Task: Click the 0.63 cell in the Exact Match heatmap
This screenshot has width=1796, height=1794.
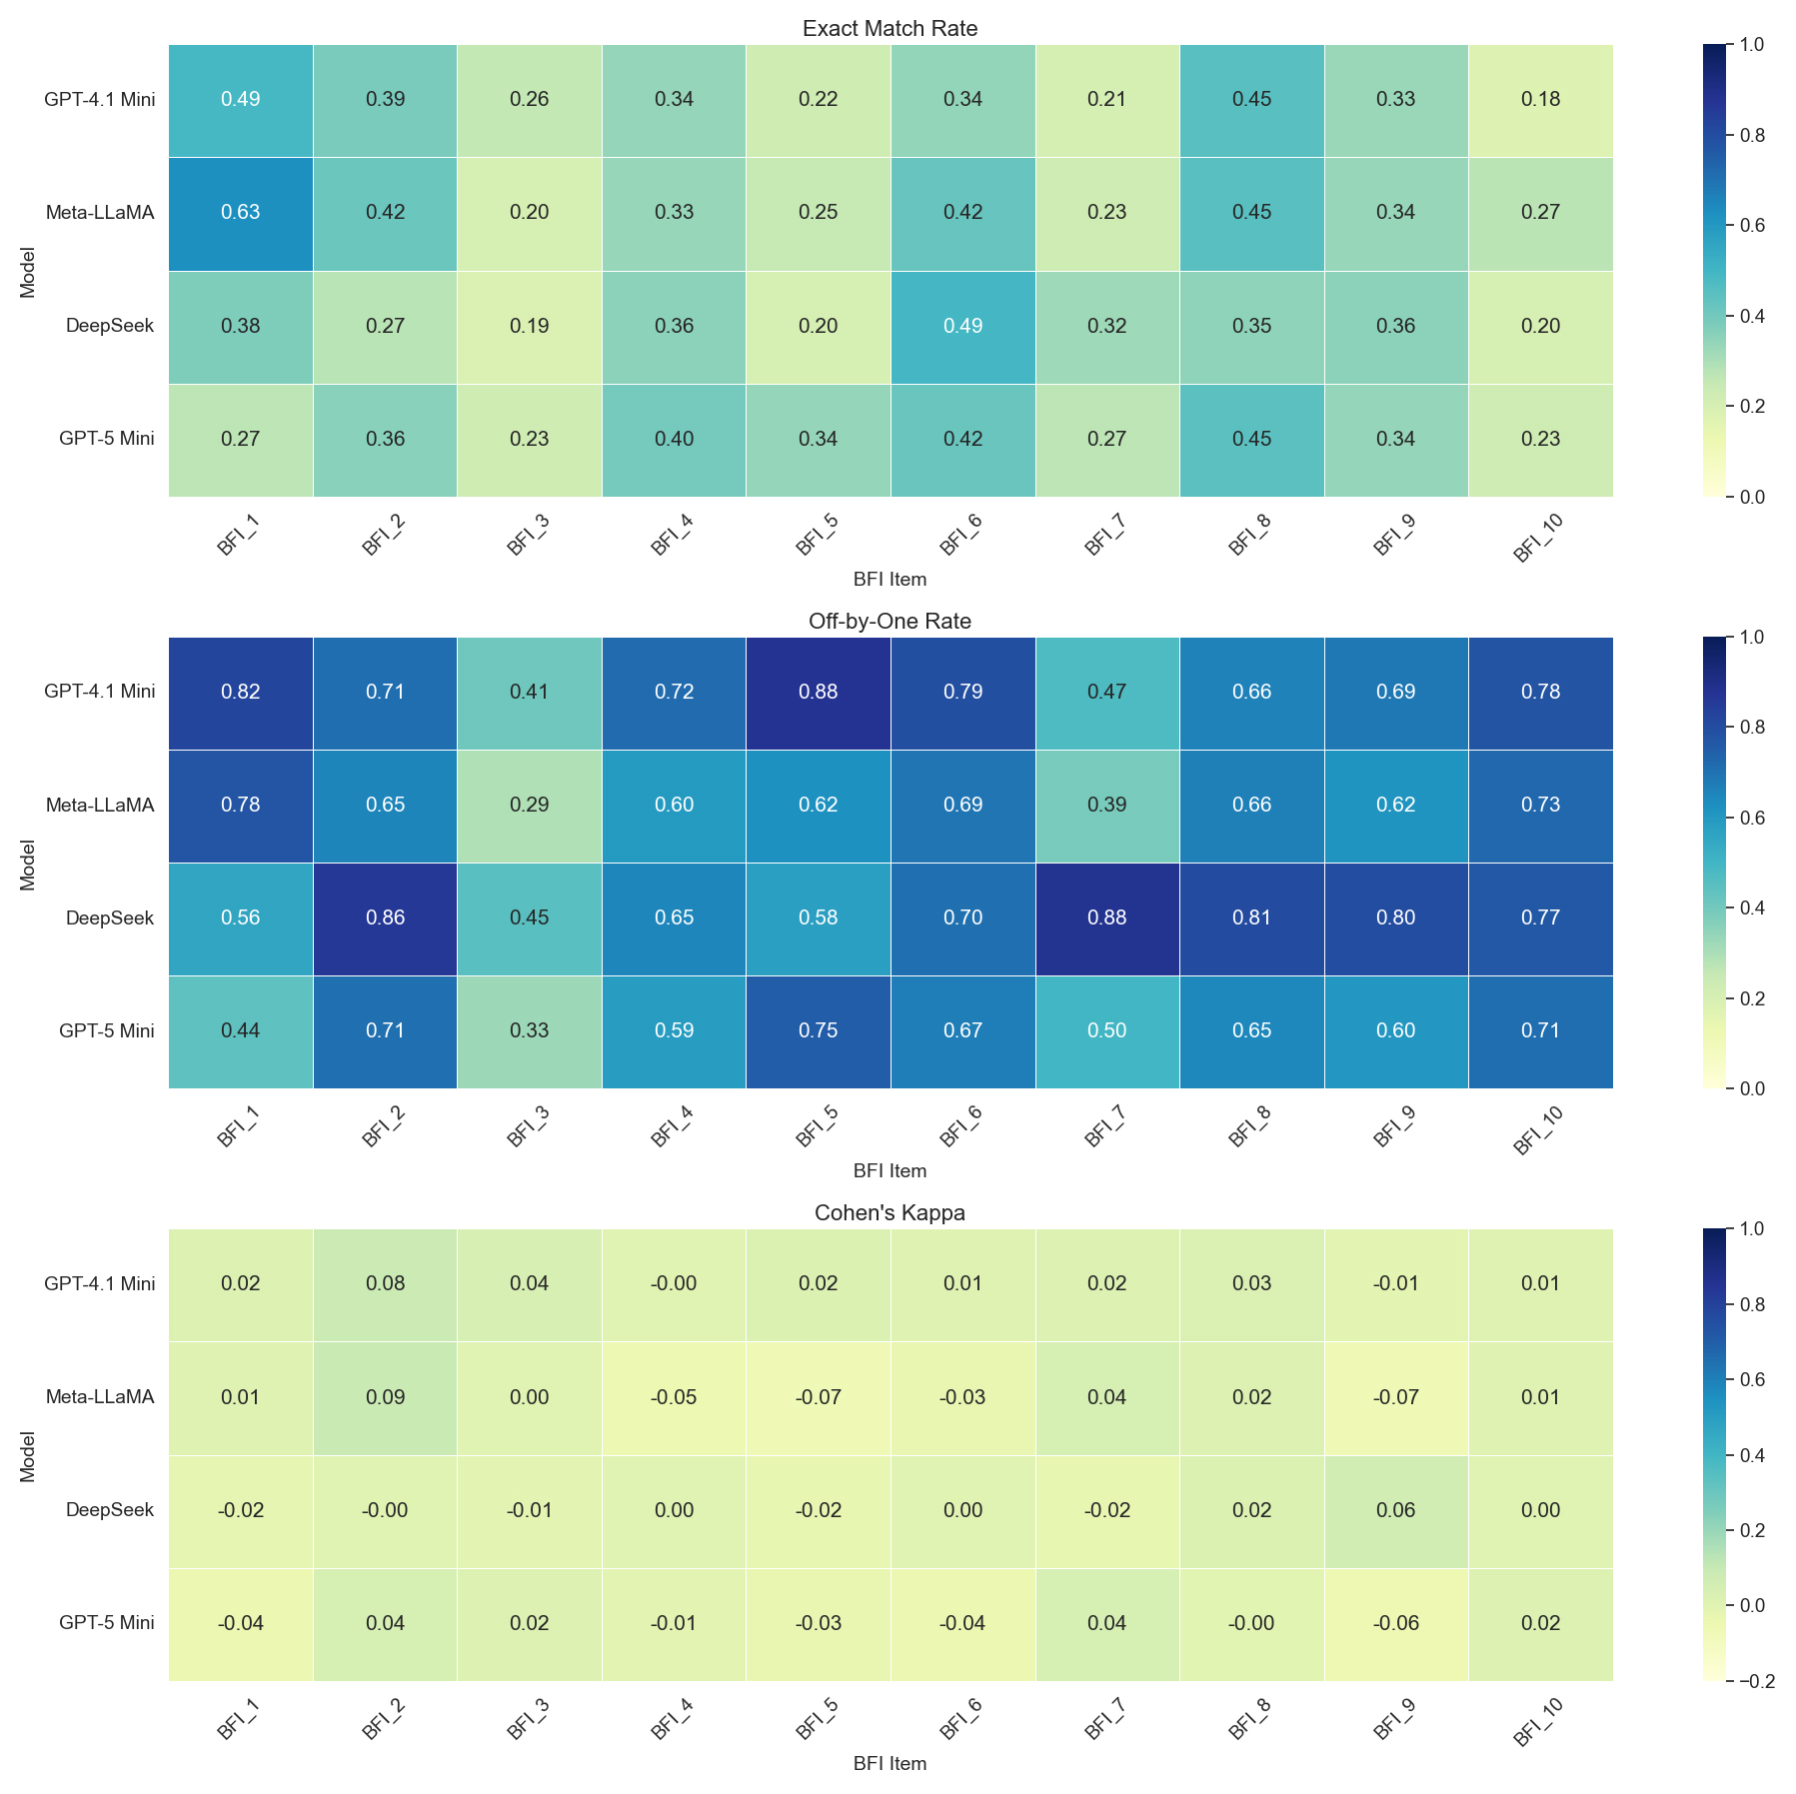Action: pos(241,213)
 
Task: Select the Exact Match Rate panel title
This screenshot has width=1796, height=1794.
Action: pos(890,29)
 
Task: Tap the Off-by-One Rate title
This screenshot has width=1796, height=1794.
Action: pos(890,622)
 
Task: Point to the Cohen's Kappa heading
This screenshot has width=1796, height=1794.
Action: pos(890,1213)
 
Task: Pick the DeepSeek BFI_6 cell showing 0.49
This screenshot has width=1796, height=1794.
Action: pos(962,326)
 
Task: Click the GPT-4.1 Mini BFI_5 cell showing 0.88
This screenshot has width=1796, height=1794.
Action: pos(819,692)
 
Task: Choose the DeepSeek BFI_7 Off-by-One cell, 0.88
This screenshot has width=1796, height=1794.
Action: pos(1107,917)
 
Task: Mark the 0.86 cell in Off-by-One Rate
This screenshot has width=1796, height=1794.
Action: pos(386,917)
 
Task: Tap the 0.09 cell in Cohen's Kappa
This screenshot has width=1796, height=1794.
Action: pos(386,1397)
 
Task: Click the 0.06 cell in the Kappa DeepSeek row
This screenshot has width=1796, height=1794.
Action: pos(1396,1510)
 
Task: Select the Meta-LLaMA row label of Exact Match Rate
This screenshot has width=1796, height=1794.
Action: pos(100,213)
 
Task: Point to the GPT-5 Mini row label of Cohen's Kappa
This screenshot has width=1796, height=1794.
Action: pos(107,1623)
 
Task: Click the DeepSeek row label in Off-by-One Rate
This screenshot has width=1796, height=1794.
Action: pos(110,917)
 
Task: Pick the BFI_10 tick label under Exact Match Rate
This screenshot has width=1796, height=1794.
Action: pos(1536,540)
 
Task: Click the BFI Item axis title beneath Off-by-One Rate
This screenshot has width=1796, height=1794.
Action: pos(890,1170)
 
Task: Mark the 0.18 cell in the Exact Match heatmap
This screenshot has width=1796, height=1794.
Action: pos(1540,99)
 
